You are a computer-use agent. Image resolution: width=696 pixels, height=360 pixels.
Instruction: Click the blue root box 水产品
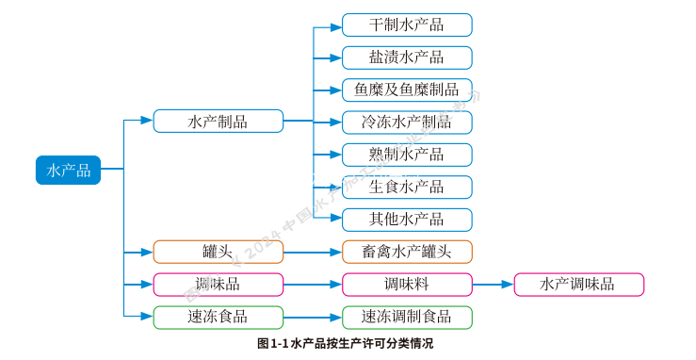click(68, 170)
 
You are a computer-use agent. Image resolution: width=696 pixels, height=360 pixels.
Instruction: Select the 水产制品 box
click(218, 121)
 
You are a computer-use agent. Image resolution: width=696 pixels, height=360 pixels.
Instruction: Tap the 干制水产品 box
click(406, 25)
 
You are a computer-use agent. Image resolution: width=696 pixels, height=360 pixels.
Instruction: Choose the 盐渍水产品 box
click(406, 57)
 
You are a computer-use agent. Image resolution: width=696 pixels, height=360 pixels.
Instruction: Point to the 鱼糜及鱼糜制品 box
click(406, 90)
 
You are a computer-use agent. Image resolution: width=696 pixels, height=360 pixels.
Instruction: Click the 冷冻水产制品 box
click(406, 123)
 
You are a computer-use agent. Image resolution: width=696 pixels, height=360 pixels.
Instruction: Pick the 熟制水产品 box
click(406, 155)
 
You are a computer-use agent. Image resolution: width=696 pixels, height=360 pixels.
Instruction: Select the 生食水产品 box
click(406, 187)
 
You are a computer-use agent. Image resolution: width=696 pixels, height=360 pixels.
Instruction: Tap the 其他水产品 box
click(406, 220)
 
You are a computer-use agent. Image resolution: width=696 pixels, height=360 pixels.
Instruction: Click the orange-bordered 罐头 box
click(218, 252)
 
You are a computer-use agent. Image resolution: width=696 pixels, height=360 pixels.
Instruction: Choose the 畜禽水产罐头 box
click(406, 252)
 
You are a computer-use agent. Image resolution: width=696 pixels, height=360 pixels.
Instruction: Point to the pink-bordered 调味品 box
click(218, 285)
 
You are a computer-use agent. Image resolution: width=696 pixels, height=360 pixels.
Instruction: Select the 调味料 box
click(406, 285)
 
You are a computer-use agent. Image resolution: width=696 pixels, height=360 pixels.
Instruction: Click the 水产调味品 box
click(578, 285)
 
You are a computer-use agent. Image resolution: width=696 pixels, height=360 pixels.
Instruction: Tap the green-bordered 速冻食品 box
click(218, 317)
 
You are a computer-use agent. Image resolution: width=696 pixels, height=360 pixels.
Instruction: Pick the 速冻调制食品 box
click(406, 317)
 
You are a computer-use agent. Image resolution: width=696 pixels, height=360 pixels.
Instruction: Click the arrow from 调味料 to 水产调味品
click(493, 285)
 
